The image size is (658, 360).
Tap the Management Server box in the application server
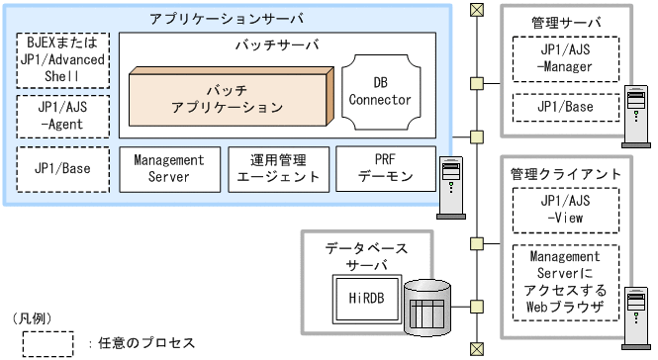[x=167, y=168]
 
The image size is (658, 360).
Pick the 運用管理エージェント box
[x=275, y=168]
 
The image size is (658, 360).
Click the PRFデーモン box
[x=385, y=168]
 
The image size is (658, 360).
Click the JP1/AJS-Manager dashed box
[x=565, y=58]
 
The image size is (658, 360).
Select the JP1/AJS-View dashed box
[x=565, y=211]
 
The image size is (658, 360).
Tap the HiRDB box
[x=357, y=295]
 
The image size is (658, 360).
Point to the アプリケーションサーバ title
[x=227, y=19]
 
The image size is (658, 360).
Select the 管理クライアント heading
[x=565, y=174]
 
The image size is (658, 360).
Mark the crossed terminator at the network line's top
[x=477, y=11]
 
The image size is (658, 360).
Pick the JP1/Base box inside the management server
[x=565, y=106]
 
